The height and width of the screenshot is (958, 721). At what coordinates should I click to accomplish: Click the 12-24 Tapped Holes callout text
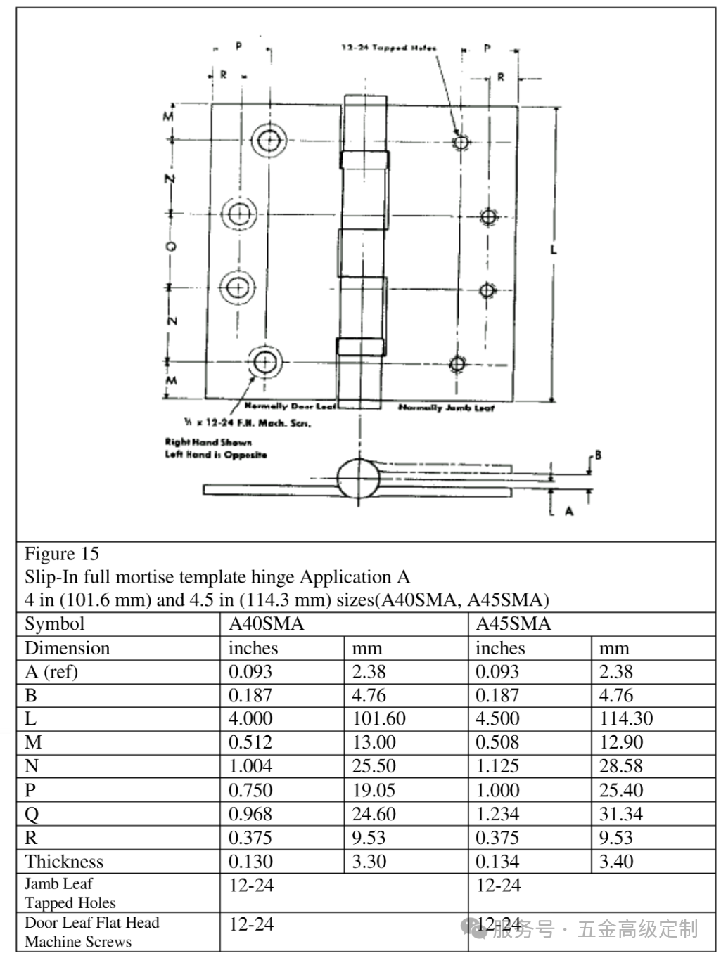point(388,48)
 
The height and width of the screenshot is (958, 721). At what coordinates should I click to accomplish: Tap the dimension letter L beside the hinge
point(554,249)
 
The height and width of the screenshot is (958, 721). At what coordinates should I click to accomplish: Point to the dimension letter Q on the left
point(170,246)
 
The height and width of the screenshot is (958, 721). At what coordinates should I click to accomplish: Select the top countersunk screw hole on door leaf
point(268,141)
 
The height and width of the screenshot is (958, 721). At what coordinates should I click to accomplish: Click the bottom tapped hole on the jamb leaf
point(457,364)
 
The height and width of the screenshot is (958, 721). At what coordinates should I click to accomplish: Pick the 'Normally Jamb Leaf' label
point(446,408)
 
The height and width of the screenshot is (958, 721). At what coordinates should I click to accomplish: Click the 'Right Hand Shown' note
point(208,442)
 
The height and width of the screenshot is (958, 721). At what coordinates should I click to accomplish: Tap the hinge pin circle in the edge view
point(359,479)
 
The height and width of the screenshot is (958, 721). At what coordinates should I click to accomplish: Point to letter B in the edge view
point(598,455)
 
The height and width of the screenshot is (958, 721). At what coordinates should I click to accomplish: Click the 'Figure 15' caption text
point(62,554)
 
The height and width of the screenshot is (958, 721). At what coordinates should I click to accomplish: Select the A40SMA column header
point(267,624)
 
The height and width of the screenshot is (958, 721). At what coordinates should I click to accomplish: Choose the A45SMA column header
point(513,624)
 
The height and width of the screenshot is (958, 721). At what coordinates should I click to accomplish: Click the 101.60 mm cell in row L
point(379,718)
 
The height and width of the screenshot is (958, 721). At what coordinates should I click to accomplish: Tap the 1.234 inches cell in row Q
point(497,814)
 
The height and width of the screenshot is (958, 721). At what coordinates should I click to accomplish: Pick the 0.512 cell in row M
point(250,742)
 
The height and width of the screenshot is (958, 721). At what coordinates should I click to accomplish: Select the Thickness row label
point(64,862)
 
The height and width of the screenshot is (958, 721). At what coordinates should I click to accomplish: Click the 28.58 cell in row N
point(621,766)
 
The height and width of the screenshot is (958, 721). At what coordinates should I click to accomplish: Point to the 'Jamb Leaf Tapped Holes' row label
point(70,893)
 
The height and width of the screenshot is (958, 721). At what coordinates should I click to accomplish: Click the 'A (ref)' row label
point(51,672)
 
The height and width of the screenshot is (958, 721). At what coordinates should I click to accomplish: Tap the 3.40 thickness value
point(616,862)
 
